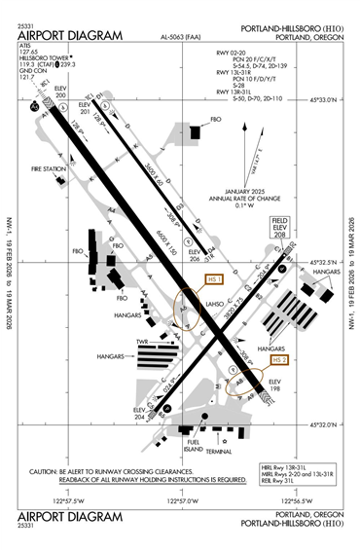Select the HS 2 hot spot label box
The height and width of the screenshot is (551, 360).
(279, 359)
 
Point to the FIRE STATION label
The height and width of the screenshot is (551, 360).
(48, 170)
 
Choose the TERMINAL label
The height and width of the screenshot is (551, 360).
(219, 452)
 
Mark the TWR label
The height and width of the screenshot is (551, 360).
(140, 343)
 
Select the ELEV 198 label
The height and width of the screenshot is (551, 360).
(275, 385)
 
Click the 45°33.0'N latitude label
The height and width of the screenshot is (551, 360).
(323, 100)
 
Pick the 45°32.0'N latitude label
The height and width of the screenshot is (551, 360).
(323, 424)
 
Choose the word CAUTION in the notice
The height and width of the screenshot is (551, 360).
(47, 471)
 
